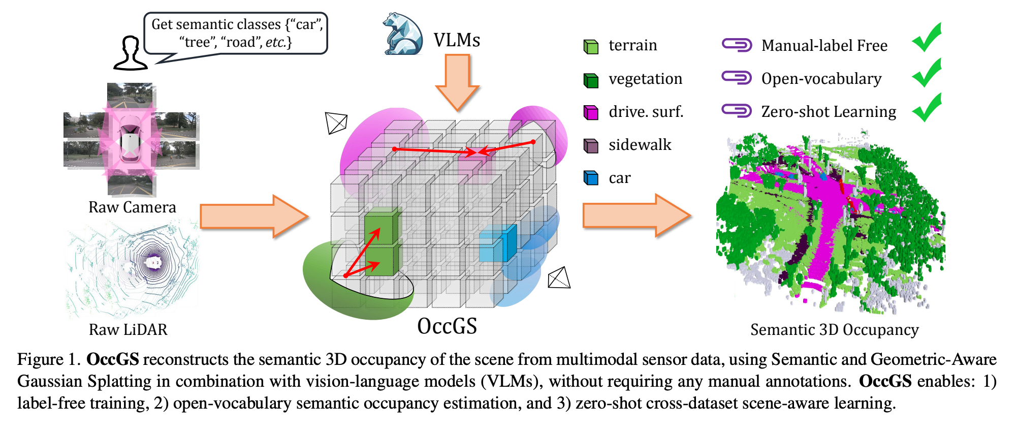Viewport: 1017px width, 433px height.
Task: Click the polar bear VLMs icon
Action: (x=403, y=35)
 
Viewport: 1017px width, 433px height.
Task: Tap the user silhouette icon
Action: (x=131, y=53)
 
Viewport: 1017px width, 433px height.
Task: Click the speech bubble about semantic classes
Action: (x=236, y=33)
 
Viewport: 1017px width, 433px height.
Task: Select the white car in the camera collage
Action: (x=130, y=140)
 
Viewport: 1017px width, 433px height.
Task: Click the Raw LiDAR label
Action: (x=128, y=329)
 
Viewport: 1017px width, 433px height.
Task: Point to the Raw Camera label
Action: (x=132, y=207)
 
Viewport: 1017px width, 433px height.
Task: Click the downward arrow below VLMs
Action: (x=457, y=81)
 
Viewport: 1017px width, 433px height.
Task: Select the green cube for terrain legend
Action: (x=591, y=47)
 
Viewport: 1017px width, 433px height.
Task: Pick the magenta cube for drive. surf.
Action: (x=591, y=112)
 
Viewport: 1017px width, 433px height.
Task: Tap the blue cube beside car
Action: (x=591, y=178)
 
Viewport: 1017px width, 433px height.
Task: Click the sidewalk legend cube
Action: (x=591, y=145)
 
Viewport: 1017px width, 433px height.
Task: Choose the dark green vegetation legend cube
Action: (x=591, y=80)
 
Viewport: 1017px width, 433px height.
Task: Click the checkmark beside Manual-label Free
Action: (x=927, y=38)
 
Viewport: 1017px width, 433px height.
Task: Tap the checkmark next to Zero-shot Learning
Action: (x=927, y=108)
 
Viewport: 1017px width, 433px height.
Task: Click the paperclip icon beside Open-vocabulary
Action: (x=737, y=78)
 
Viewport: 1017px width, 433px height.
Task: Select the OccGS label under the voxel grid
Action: (x=447, y=326)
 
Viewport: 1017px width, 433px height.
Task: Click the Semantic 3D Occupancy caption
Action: (x=834, y=330)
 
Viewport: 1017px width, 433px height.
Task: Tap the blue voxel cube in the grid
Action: (x=498, y=244)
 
